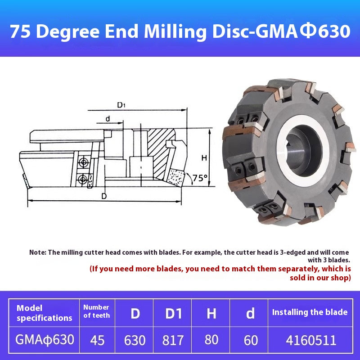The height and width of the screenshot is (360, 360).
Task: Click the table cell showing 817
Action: click(x=173, y=340)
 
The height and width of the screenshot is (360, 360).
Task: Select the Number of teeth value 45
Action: click(x=97, y=340)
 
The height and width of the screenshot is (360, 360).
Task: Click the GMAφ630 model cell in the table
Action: click(x=44, y=339)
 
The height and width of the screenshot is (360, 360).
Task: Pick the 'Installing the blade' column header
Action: click(x=310, y=312)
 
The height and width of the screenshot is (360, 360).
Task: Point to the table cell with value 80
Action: click(x=211, y=340)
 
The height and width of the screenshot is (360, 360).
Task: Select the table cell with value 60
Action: click(x=250, y=340)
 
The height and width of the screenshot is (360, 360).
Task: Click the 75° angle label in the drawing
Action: click(x=200, y=178)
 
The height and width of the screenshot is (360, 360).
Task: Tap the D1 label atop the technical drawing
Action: click(x=121, y=105)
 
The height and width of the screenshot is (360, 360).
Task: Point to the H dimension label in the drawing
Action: click(x=204, y=158)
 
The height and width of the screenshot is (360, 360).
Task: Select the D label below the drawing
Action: click(x=104, y=196)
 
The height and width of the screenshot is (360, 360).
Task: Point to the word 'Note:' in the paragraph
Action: click(x=38, y=252)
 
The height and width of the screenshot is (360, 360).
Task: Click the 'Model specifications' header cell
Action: click(x=44, y=313)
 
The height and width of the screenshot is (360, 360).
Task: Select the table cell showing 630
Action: click(x=135, y=340)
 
